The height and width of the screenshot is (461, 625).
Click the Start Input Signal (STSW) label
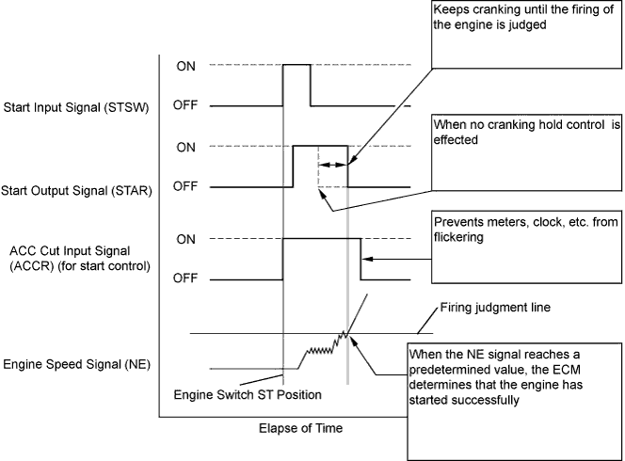[x=76, y=107]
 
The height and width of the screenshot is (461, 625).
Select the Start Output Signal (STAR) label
[x=76, y=190]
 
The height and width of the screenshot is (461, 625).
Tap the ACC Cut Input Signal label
[x=80, y=258]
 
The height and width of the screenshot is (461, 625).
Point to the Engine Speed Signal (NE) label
[x=76, y=364]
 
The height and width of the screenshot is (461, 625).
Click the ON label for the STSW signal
[x=185, y=66]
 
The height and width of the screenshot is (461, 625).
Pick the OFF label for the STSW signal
[x=185, y=104]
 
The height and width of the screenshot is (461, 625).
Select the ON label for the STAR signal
[x=185, y=148]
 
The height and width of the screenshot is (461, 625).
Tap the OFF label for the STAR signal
[x=185, y=186]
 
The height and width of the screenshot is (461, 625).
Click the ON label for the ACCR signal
[x=185, y=240]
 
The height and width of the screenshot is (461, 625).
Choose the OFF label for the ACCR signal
[x=185, y=278]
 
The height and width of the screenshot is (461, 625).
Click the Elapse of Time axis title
[x=301, y=428]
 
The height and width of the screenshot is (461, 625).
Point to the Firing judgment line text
[x=495, y=308]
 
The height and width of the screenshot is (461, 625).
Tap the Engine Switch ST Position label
[x=248, y=395]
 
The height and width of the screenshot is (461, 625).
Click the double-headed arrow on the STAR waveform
[x=333, y=165]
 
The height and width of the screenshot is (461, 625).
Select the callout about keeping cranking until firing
[x=526, y=34]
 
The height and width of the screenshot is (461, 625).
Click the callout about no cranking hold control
[x=526, y=153]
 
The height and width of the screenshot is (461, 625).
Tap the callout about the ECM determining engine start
[x=515, y=402]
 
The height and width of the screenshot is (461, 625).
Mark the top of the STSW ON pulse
[x=296, y=65]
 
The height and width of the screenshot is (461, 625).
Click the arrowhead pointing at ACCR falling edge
[x=367, y=259]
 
